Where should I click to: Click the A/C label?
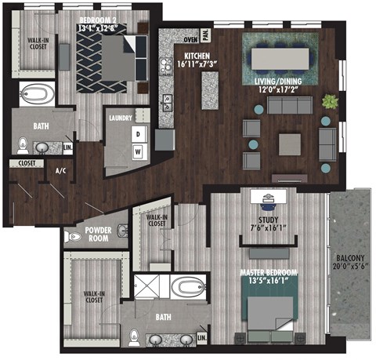[60, 170]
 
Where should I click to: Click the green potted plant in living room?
[330, 102]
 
